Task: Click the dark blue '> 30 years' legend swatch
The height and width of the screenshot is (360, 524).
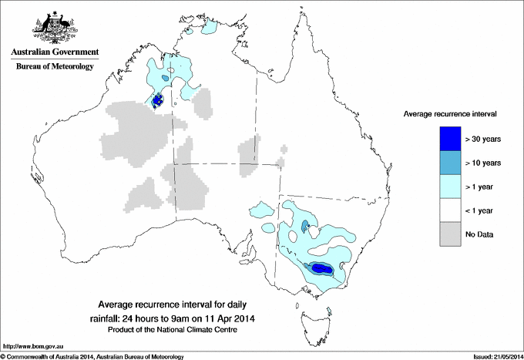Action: click(x=450, y=138)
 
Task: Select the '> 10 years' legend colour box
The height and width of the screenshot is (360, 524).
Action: click(x=450, y=162)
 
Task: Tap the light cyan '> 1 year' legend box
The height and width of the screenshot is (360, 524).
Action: click(x=450, y=186)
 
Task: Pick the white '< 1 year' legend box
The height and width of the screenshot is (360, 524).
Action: click(x=450, y=210)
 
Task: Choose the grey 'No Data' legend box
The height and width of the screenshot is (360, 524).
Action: click(x=450, y=234)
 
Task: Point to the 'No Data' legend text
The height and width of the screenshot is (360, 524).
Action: click(x=480, y=234)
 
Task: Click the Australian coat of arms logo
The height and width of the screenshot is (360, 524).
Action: click(x=52, y=27)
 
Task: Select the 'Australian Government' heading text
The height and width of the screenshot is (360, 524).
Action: click(x=52, y=52)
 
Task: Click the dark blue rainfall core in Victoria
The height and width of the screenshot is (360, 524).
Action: click(x=321, y=268)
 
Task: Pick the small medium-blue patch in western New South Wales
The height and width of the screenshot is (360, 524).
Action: click(x=305, y=226)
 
